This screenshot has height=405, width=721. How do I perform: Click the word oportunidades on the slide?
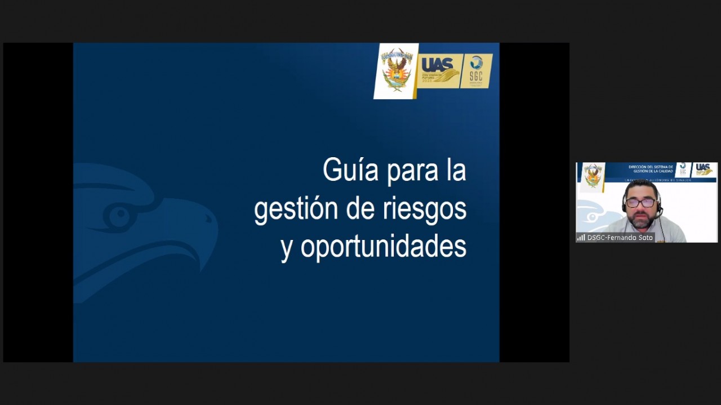(x=383, y=247)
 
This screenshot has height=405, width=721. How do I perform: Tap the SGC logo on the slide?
(x=477, y=70)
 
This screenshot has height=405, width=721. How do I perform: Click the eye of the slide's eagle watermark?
(x=119, y=216)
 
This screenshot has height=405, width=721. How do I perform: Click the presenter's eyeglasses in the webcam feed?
(x=640, y=202)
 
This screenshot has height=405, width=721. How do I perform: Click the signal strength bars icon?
(x=581, y=238)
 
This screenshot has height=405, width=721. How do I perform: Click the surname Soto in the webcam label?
(x=646, y=238)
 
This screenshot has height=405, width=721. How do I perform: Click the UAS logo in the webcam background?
(x=704, y=169)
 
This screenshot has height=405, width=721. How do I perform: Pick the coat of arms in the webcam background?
(x=592, y=175)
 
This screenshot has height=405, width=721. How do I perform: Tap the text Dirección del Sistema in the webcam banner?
(x=650, y=167)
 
